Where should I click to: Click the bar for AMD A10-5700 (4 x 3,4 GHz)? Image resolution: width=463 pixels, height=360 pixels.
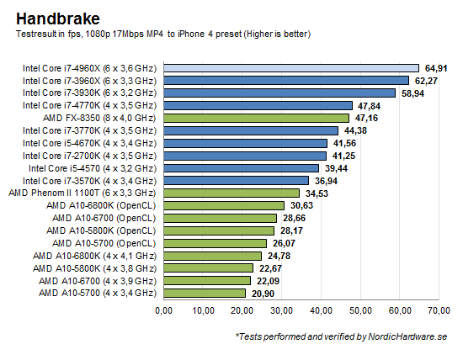205,293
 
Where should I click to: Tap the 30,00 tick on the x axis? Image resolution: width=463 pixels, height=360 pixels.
281,311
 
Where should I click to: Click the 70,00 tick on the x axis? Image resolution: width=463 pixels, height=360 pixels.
439,311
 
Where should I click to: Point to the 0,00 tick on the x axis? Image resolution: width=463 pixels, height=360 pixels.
164,311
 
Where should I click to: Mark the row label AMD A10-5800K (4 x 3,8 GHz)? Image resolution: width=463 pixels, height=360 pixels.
95,267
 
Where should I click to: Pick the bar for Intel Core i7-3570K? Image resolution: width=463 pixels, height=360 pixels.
237,181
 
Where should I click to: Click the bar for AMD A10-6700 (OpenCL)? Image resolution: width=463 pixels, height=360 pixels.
221,218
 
